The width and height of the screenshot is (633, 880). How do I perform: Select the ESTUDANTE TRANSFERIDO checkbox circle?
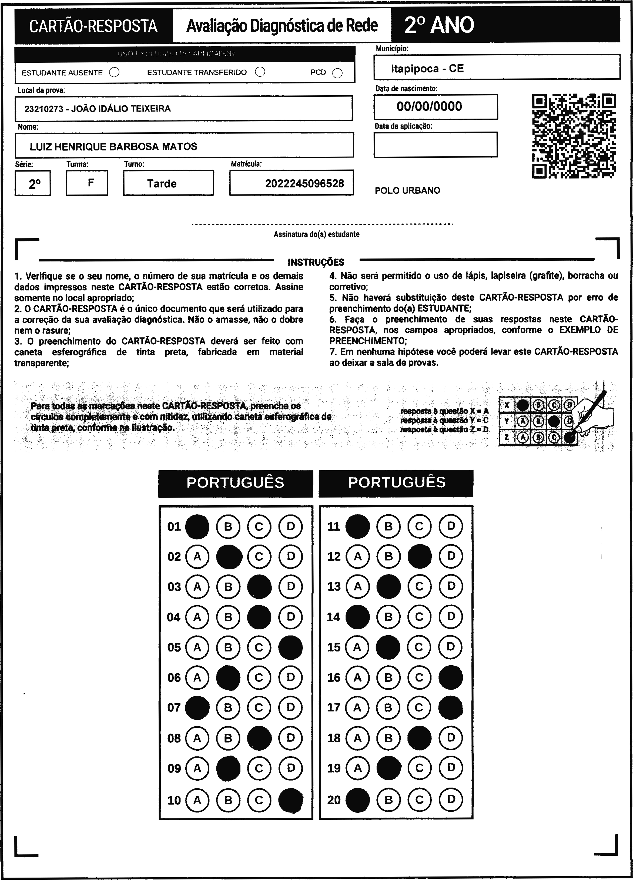[260, 72]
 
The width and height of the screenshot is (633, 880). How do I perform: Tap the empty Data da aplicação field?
[436, 145]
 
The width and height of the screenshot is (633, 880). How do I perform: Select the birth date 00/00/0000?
[429, 107]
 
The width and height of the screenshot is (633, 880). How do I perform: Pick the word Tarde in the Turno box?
[162, 183]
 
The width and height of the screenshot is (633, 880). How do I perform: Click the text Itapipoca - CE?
[427, 69]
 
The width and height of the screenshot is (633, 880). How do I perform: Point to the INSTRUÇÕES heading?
[316, 262]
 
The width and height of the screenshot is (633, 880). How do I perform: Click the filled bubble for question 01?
[197, 526]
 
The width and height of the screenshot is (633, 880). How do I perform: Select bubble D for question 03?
[290, 586]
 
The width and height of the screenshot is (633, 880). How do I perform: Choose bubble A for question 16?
[357, 677]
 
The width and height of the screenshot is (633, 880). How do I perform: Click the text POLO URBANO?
[407, 190]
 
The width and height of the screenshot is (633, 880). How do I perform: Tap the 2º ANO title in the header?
[439, 25]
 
